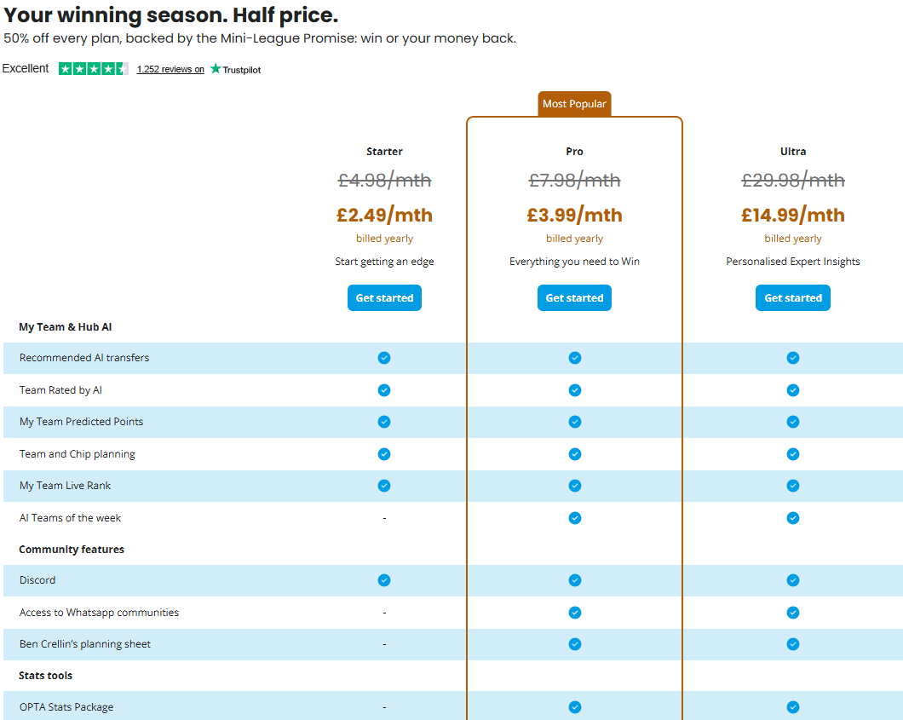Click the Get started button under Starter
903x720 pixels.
tap(384, 297)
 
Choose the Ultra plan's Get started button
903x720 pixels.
tap(792, 297)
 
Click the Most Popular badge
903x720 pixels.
tap(574, 104)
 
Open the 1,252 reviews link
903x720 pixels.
tap(170, 69)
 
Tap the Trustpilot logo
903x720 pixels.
tap(235, 69)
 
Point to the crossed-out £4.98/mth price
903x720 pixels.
tap(384, 181)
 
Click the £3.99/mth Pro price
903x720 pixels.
tap(574, 215)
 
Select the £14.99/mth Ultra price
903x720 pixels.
tap(792, 215)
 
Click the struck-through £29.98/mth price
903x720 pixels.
tap(792, 181)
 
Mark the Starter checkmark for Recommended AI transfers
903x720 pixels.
tap(384, 358)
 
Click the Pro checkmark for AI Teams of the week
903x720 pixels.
tap(575, 518)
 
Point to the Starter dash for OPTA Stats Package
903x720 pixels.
tap(384, 707)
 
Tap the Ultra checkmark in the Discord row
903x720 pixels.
tap(793, 580)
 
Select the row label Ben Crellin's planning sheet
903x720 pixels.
tap(84, 644)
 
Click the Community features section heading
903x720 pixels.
tap(72, 550)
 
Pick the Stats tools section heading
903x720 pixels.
tap(45, 676)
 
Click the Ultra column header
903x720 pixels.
tap(793, 152)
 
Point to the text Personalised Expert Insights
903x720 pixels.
tap(793, 262)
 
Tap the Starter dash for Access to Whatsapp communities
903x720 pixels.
tap(384, 613)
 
